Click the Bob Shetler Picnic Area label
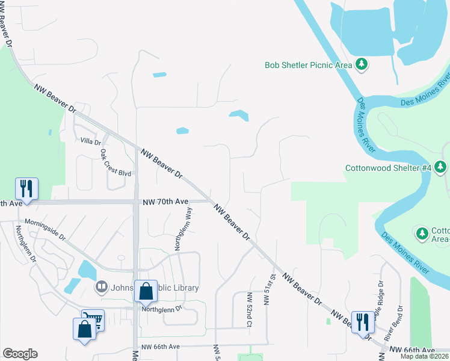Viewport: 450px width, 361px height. pyautogui.click(x=308, y=64)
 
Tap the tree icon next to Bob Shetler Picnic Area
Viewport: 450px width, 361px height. pyautogui.click(x=361, y=64)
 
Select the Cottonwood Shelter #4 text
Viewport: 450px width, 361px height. pyautogui.click(x=388, y=168)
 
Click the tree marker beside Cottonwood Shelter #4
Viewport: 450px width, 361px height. pyautogui.click(x=441, y=167)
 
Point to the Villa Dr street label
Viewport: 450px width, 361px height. pyautogui.click(x=90, y=141)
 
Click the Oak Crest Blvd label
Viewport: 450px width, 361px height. pyautogui.click(x=116, y=163)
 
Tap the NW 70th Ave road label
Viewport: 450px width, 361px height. pyautogui.click(x=166, y=202)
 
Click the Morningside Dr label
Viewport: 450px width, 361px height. pyautogui.click(x=46, y=229)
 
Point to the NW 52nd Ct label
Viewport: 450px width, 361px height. pyautogui.click(x=248, y=310)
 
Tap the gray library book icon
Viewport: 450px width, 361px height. pyautogui.click(x=101, y=288)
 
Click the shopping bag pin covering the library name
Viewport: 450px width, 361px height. pyautogui.click(x=146, y=292)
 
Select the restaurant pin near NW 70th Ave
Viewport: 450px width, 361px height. pyautogui.click(x=26, y=189)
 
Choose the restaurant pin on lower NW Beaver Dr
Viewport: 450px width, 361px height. pyautogui.click(x=362, y=322)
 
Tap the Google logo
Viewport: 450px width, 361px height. pyautogui.click(x=20, y=354)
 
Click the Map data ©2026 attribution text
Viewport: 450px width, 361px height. pyautogui.click(x=425, y=356)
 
